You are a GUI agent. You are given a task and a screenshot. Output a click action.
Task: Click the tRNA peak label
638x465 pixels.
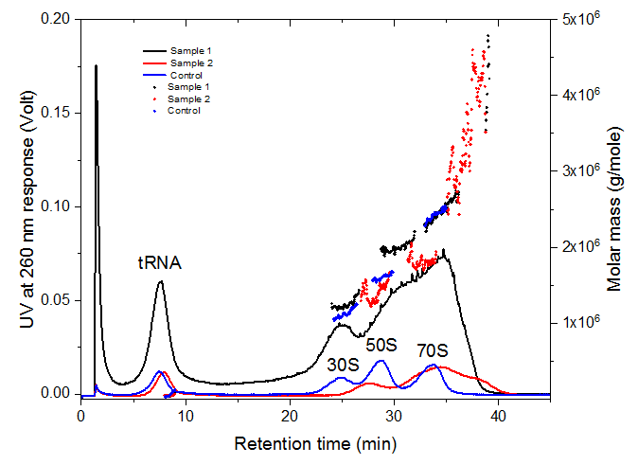159,263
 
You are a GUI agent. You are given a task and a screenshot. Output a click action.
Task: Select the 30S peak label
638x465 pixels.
344,364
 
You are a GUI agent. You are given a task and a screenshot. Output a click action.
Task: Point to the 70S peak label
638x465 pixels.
434,349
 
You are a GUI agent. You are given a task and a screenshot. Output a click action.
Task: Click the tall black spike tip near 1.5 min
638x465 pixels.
96,65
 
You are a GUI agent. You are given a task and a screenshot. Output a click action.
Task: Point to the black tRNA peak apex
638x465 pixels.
161,281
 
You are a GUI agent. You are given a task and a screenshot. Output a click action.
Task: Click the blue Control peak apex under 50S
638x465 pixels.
381,361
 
